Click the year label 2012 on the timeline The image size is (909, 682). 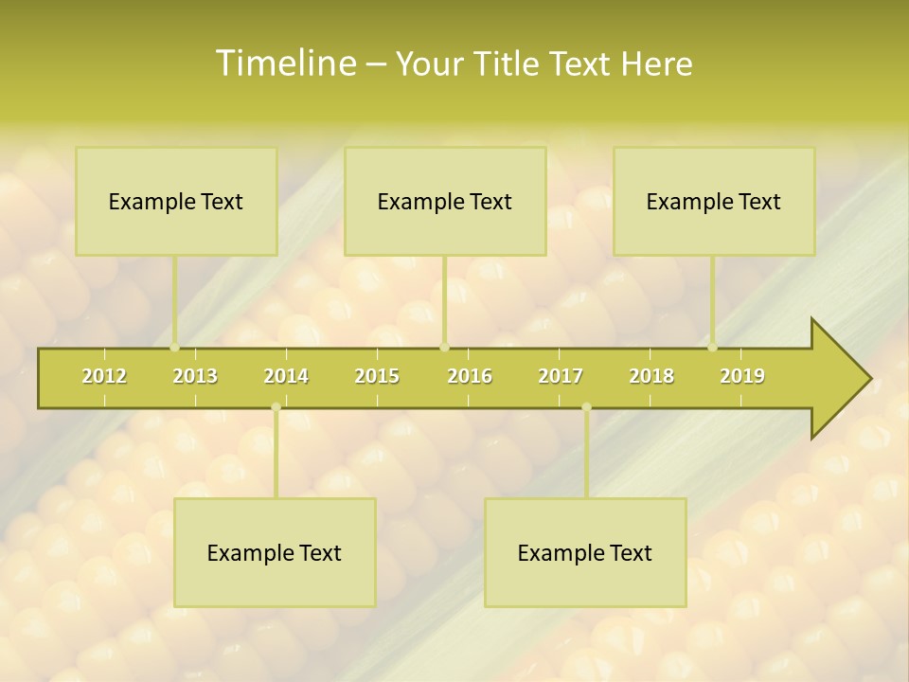(x=104, y=376)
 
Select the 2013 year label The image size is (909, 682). (x=195, y=376)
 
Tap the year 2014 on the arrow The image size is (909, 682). (x=286, y=376)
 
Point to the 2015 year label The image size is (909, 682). (x=377, y=376)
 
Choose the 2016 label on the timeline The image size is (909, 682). (x=470, y=376)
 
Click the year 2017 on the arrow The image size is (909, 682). (x=561, y=376)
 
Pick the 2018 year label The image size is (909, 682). (x=651, y=376)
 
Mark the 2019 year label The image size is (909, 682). (x=742, y=376)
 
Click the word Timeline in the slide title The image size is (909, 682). (x=284, y=63)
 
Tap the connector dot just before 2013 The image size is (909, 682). (x=174, y=347)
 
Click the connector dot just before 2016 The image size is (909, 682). (x=444, y=347)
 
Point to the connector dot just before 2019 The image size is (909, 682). (x=713, y=347)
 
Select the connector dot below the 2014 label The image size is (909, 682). (x=276, y=407)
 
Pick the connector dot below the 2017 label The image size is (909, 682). (x=586, y=407)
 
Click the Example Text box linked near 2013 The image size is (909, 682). (x=176, y=202)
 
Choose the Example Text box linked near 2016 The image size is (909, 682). (x=445, y=202)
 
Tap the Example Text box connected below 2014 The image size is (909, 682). (x=275, y=553)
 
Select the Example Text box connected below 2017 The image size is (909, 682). (x=585, y=553)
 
